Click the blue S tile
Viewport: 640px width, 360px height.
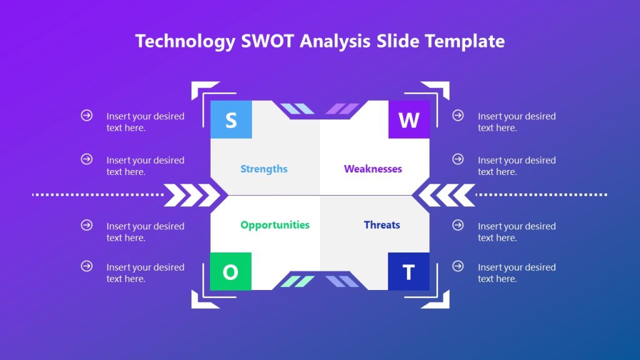(x=231, y=119)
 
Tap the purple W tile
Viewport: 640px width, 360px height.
(x=409, y=119)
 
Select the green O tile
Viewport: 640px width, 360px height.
(x=231, y=272)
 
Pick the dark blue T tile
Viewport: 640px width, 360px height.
(x=408, y=272)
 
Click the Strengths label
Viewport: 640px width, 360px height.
(x=264, y=169)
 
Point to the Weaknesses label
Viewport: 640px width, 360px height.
(x=372, y=169)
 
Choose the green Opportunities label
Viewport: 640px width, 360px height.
(x=274, y=225)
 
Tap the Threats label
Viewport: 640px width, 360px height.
(x=382, y=225)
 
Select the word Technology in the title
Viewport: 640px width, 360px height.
(x=185, y=41)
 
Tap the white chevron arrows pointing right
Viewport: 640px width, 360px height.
(x=191, y=195)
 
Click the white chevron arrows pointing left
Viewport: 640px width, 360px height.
(x=447, y=195)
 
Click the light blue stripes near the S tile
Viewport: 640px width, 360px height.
(x=296, y=109)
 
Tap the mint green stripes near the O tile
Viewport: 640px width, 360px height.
(x=297, y=281)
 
